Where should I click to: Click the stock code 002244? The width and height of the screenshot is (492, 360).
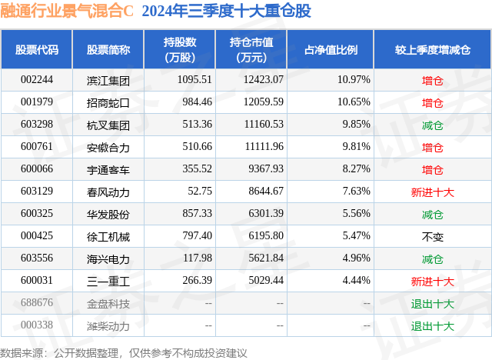pos(37,80)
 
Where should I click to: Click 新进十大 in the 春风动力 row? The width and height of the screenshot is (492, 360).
pos(433,192)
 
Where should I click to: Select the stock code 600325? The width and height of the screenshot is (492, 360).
pos(37,214)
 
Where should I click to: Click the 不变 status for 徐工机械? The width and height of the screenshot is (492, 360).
pos(433,236)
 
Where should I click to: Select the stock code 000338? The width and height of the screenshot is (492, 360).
pos(37,325)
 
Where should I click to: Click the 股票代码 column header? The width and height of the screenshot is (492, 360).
pos(37,49)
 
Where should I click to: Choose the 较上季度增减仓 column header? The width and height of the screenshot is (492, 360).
pos(433,49)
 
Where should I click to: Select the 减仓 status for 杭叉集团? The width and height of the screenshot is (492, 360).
pos(433,125)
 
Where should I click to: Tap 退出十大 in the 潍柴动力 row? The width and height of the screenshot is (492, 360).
pos(433,325)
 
